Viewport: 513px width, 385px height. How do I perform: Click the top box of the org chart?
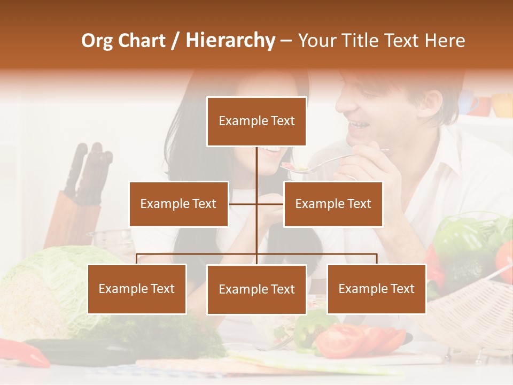256,121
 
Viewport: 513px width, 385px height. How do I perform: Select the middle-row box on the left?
178,204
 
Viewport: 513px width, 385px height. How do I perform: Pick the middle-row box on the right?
333,204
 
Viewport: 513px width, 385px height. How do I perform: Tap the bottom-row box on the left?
137,289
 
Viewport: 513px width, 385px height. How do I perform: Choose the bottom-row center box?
256,289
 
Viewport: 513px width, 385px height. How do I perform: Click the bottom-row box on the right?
376,289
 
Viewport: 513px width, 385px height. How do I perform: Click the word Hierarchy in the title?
230,41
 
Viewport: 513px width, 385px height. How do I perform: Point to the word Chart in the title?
142,41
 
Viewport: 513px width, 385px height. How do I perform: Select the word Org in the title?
97,41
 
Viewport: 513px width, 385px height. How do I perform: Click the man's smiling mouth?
357,126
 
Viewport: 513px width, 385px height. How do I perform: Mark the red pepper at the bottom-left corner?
24,353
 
